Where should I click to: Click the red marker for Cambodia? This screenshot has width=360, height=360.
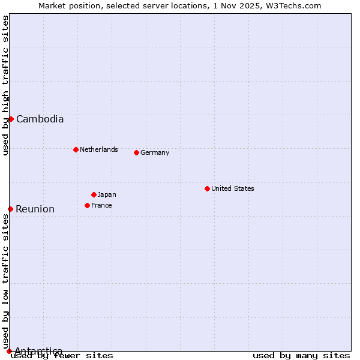click(x=11, y=119)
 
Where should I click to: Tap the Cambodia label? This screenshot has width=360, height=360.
click(x=40, y=119)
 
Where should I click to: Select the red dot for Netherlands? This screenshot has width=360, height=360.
click(x=76, y=149)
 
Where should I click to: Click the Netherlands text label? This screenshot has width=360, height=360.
click(x=99, y=149)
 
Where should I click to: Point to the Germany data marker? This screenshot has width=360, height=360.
click(x=136, y=152)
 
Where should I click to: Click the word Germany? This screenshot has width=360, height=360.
click(x=155, y=152)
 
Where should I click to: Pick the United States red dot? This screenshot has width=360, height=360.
click(x=207, y=188)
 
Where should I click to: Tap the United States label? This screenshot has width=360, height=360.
click(x=233, y=188)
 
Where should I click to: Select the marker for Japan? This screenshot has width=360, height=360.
click(x=94, y=194)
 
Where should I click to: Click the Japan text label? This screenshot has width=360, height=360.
click(x=107, y=194)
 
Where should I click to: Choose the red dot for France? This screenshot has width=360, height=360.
click(x=87, y=205)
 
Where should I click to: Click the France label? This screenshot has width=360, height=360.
click(x=101, y=205)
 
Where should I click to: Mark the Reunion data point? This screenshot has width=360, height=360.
click(x=10, y=209)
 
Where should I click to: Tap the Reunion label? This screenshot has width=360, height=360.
click(x=35, y=209)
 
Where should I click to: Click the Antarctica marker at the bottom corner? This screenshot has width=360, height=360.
click(x=9, y=351)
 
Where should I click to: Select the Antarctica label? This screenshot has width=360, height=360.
click(x=38, y=351)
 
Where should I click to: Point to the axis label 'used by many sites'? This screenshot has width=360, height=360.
click(x=301, y=356)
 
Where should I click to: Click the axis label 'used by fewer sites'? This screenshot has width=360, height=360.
click(x=62, y=356)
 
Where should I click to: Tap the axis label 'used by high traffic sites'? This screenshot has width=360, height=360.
click(x=6, y=85)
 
